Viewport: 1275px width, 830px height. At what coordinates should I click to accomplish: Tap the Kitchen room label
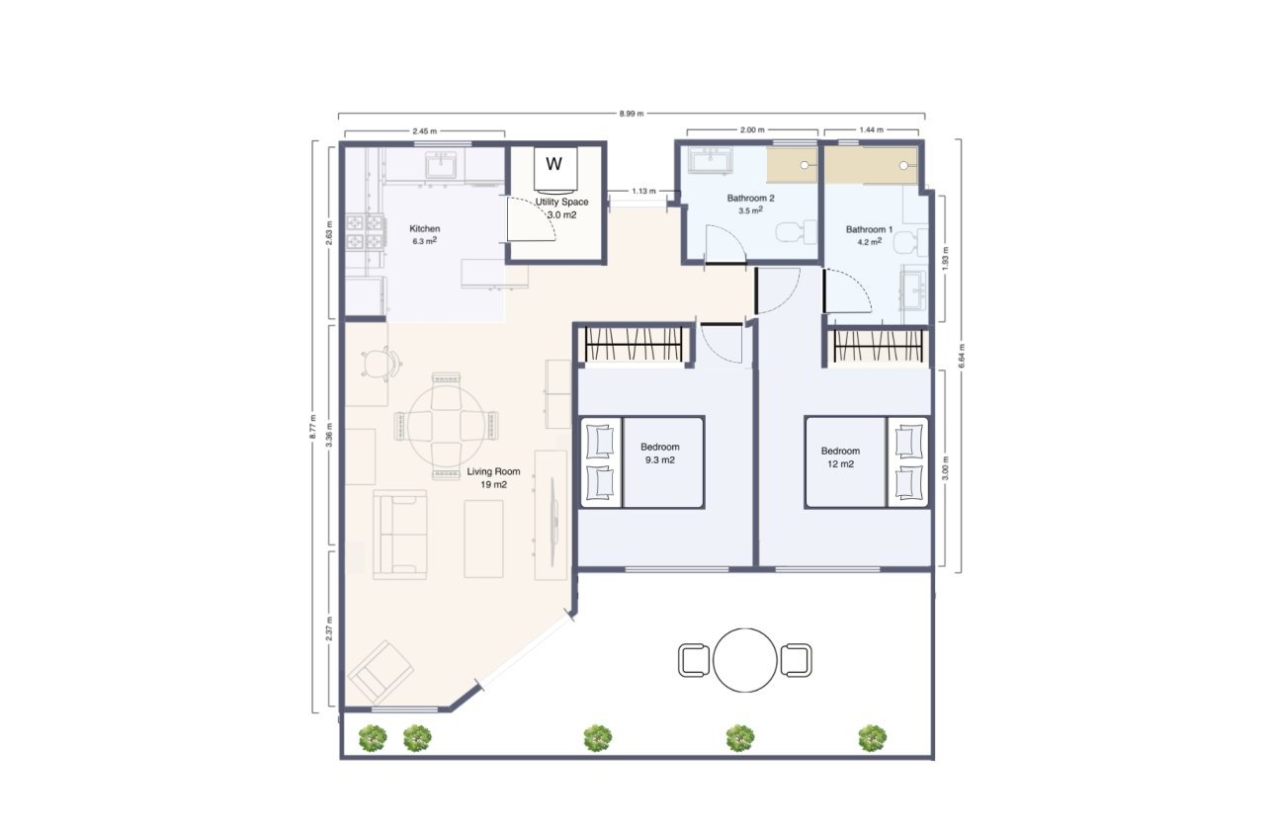[425, 229]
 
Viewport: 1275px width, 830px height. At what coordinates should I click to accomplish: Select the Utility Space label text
[561, 203]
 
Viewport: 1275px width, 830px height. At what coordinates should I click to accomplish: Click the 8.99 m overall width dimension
[631, 114]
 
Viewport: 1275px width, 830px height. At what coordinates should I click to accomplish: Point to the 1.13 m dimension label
[645, 192]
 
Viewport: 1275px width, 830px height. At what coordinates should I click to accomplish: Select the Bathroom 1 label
[869, 230]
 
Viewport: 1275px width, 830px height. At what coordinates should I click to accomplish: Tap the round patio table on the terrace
[745, 660]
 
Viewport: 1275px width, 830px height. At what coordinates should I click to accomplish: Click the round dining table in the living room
[447, 426]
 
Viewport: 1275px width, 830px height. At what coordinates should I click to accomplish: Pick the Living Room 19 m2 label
[487, 478]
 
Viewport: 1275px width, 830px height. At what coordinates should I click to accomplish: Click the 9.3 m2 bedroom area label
[659, 460]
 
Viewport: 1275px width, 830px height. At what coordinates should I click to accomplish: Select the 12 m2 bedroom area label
[841, 463]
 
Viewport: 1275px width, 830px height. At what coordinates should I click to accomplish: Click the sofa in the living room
[399, 534]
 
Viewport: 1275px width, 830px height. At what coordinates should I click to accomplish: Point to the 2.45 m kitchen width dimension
[424, 130]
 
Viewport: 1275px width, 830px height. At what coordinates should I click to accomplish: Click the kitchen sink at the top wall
[441, 165]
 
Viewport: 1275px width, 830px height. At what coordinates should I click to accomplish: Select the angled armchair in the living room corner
[382, 669]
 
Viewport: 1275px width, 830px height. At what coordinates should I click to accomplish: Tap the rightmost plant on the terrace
[872, 737]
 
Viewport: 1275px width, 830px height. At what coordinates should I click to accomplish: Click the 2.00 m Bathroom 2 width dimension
[752, 130]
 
